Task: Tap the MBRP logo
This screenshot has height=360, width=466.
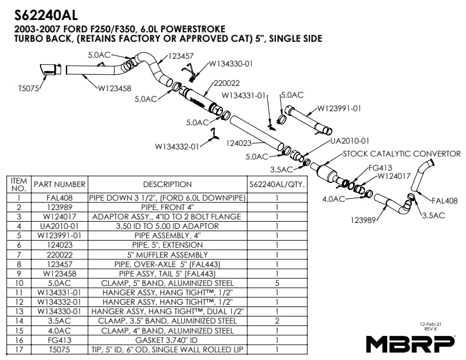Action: point(410,343)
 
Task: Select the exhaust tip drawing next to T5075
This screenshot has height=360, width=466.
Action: point(51,69)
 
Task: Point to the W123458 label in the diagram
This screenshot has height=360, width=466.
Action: point(115,89)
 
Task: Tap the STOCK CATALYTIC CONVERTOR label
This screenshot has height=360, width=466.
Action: point(401,154)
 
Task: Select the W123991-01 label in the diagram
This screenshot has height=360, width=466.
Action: point(339,108)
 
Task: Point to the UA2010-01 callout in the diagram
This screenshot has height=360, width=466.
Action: point(349,141)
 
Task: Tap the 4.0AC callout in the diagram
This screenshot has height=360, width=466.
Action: point(334,199)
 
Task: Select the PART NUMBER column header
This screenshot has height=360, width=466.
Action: point(59,184)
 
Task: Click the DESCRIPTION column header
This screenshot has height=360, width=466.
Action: point(167,184)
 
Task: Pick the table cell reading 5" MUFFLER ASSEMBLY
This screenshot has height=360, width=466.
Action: point(167,255)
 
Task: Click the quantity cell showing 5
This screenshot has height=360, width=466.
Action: point(276,283)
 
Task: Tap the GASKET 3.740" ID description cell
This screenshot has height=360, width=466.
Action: point(167,339)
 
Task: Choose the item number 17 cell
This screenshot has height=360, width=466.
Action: point(19,349)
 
